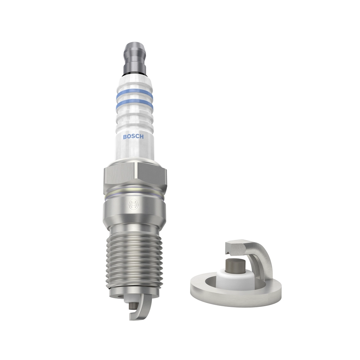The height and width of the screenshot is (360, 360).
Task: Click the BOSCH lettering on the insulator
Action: (133, 137)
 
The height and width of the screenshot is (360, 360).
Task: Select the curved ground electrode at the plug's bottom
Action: (139, 309)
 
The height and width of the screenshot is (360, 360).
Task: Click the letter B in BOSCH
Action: (124, 137)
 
